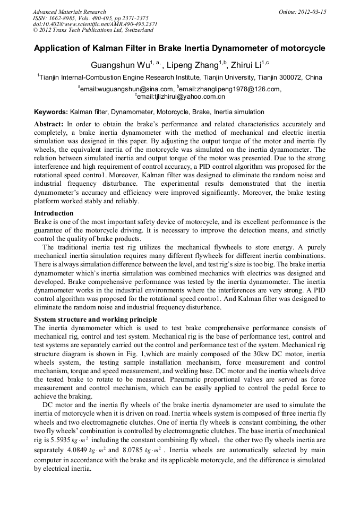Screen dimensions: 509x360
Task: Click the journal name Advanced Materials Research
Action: [x=69, y=12]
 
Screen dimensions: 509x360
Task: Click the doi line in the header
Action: [x=95, y=24]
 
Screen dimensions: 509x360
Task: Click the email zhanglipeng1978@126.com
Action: [x=230, y=89]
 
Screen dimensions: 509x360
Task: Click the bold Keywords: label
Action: [x=51, y=113]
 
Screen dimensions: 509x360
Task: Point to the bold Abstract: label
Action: [x=49, y=124]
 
